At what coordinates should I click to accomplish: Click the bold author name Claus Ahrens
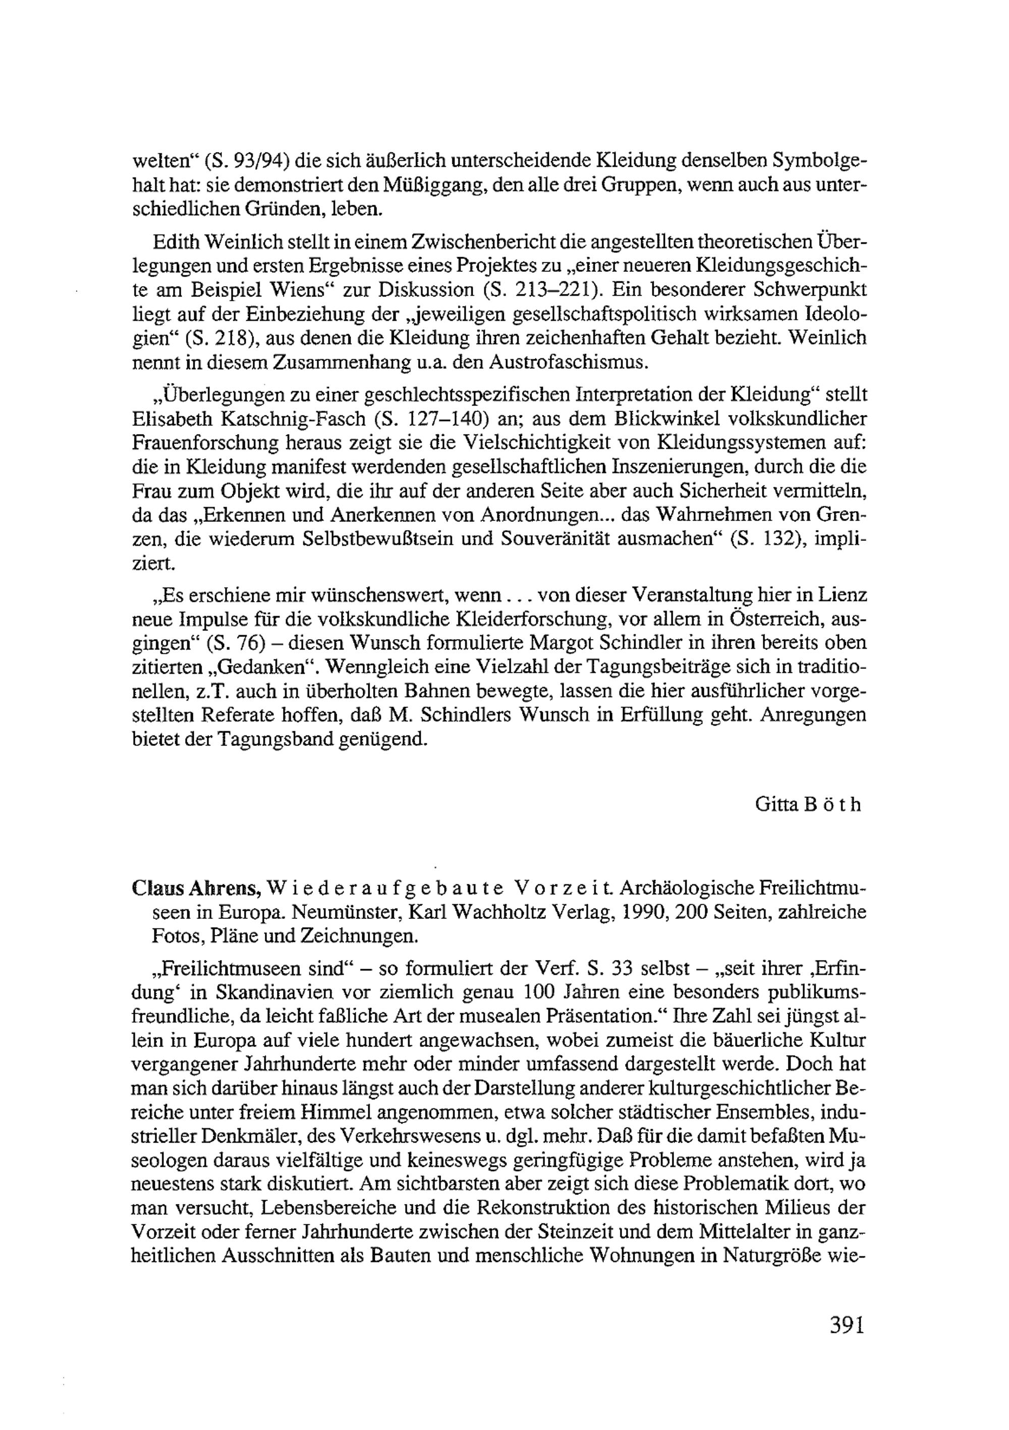(x=190, y=888)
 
